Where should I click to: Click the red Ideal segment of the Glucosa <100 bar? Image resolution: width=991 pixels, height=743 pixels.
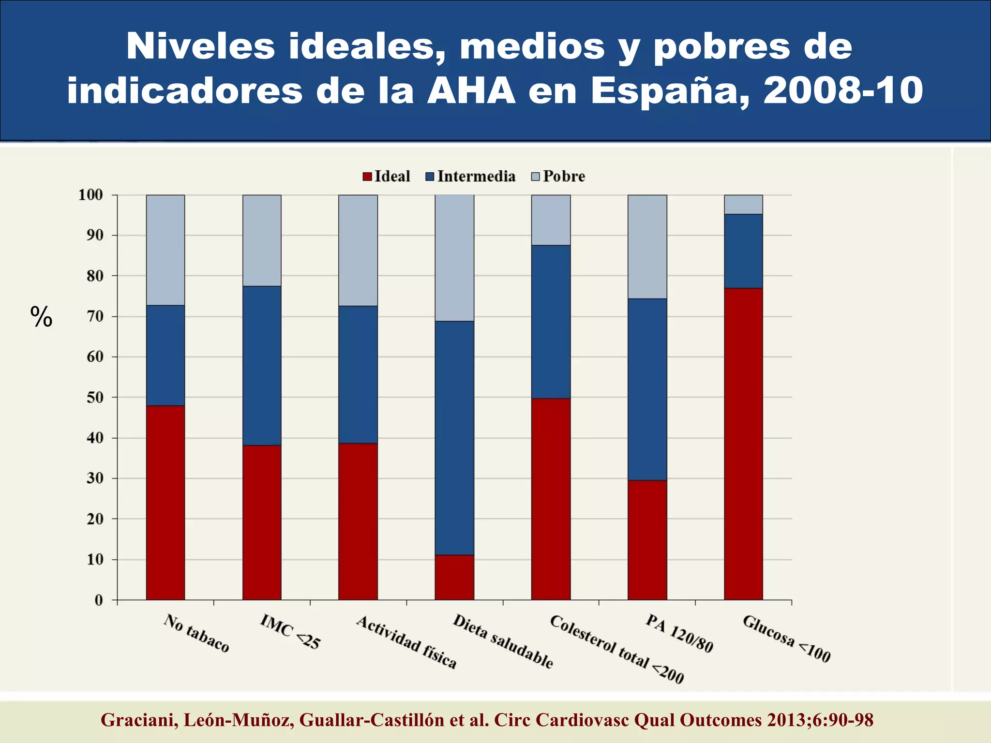point(743,444)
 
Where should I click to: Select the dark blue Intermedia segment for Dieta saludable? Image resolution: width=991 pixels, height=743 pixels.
point(454,438)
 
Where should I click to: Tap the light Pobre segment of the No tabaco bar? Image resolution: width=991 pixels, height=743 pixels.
point(165,250)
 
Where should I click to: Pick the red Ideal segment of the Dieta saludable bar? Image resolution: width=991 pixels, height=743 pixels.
point(454,577)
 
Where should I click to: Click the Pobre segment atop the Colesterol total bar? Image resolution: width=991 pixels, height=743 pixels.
point(551,220)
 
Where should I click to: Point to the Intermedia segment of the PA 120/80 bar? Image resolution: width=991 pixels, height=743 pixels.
point(647,389)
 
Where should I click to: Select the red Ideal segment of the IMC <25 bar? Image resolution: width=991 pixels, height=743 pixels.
point(262,522)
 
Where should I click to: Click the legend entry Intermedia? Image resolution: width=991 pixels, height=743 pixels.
point(476,177)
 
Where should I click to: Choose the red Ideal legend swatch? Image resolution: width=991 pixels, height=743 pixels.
point(367,177)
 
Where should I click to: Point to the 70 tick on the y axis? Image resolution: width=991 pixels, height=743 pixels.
point(95,316)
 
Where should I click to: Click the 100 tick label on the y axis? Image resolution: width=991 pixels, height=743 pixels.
point(91,195)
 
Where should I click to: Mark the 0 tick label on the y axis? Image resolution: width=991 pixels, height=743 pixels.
point(99,600)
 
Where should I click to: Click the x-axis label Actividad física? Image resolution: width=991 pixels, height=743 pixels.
point(406,642)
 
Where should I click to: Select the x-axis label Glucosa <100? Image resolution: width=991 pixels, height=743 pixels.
point(786,638)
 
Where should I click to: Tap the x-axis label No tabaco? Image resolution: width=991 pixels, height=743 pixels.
point(196,633)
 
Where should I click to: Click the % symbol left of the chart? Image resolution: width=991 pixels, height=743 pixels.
point(41,317)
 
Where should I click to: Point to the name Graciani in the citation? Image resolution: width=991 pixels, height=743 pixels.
point(137,720)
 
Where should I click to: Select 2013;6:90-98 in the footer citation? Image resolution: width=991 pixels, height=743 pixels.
point(820,720)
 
